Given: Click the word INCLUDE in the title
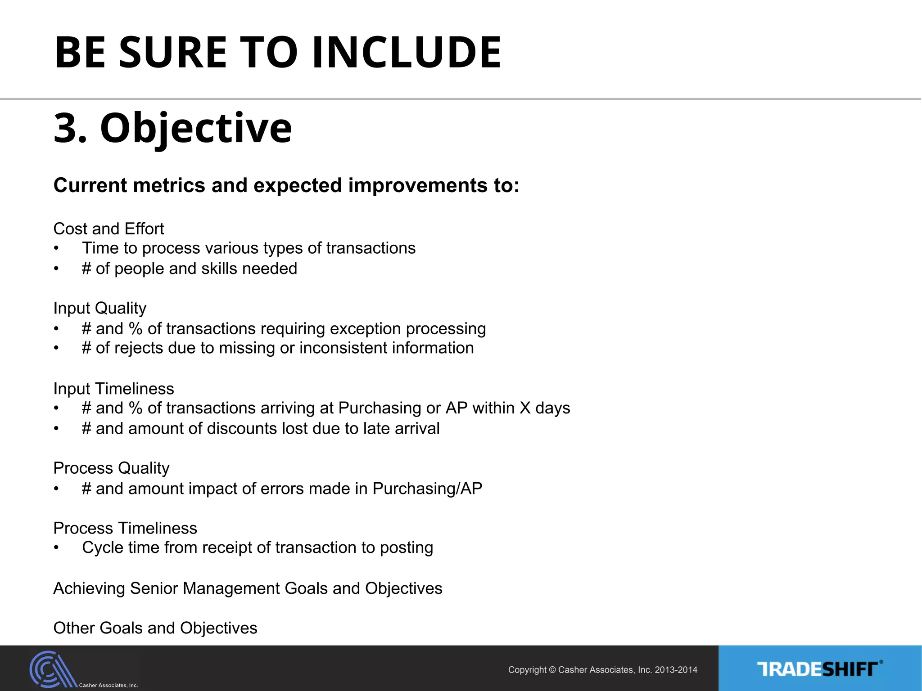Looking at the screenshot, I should (406, 53).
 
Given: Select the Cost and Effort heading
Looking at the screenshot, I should (108, 229).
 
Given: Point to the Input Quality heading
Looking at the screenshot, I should (99, 308).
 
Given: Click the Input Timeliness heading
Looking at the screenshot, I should (113, 389).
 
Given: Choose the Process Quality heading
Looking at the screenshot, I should (111, 468).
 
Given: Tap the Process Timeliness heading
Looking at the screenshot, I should (125, 528).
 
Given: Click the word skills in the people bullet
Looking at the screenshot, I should (219, 269).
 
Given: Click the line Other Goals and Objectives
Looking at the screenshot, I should (155, 628).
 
